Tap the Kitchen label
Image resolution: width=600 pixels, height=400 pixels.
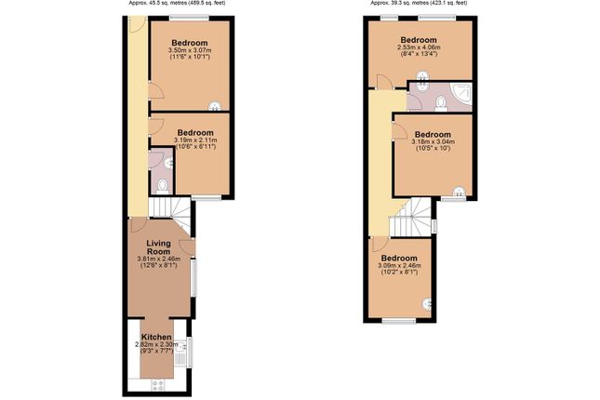click(156, 336)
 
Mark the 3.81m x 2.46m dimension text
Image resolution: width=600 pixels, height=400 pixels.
click(156, 258)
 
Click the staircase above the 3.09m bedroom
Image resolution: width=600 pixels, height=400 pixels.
click(409, 220)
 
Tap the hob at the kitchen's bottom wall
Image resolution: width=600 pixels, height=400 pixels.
click(155, 383)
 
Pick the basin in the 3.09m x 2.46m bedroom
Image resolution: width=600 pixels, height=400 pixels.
click(428, 302)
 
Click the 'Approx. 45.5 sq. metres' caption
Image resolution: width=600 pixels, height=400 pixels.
click(177, 4)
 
